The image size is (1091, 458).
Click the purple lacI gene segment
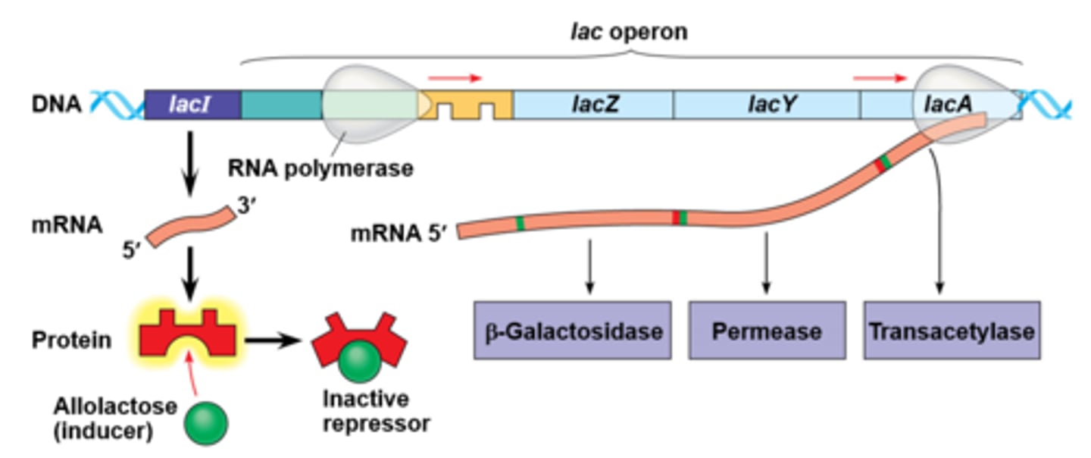point(192,105)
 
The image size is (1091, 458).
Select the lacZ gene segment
point(594,105)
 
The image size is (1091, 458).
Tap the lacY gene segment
point(767,105)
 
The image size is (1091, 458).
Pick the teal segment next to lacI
point(281,105)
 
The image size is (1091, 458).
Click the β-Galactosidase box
point(572,331)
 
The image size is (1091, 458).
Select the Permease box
point(767,331)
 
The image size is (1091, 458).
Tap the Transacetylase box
point(952,331)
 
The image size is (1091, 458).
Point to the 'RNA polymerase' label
point(320,167)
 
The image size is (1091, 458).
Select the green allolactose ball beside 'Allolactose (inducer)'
point(206,422)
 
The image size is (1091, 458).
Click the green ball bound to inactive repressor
point(359,365)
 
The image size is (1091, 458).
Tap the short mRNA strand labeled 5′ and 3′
point(192,225)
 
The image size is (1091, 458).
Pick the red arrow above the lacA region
point(879,77)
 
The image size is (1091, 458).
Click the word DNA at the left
point(56,103)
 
